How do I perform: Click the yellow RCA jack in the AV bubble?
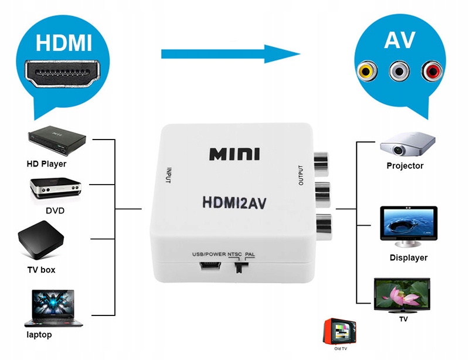point(366,72)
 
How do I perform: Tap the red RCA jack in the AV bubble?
point(433,72)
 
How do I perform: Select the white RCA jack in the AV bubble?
point(399,72)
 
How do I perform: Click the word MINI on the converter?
point(235,155)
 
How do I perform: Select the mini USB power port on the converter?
point(209,267)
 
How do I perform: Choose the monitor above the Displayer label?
point(409,226)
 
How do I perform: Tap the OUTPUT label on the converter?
point(301,174)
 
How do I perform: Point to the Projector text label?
point(405,166)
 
